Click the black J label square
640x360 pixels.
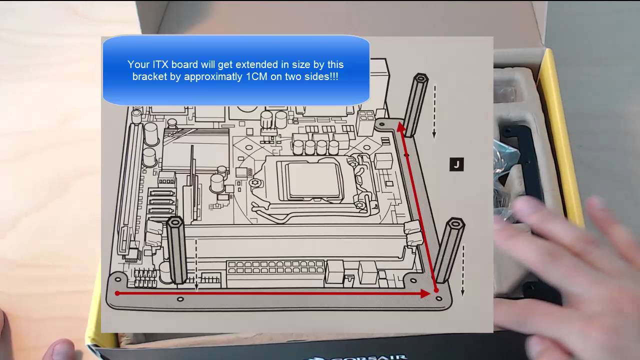456,164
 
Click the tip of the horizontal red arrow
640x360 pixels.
428,293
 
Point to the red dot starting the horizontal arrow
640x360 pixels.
117,293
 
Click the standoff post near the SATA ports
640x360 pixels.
176,250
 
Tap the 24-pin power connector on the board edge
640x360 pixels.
275,273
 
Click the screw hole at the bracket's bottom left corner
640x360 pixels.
118,277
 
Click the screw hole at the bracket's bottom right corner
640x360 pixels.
439,298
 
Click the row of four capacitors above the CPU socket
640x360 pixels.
315,146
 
